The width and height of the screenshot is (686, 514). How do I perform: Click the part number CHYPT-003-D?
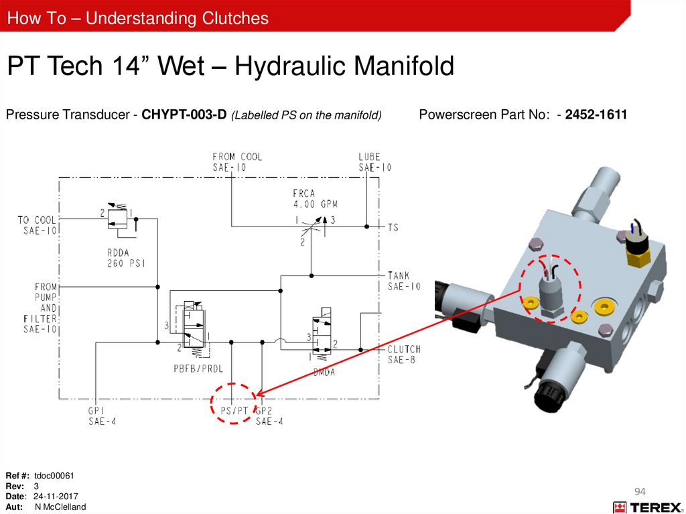coord(184,115)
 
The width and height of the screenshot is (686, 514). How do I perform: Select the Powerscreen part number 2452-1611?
coord(596,115)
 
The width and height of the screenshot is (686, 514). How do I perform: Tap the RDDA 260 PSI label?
coord(126,258)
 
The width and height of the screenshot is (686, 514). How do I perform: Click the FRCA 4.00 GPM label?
coord(315,199)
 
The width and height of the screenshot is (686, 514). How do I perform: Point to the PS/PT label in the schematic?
coord(234,411)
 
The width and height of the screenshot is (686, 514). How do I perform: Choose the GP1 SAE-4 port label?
coord(102,416)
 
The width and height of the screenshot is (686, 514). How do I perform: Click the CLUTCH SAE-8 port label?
coord(404,355)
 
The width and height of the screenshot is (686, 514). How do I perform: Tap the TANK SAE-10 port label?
coord(404,281)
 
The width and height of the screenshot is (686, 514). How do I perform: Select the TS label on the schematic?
coord(393,227)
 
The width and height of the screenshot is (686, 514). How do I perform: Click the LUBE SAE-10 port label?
coord(375,162)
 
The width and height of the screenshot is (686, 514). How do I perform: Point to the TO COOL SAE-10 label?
coord(38,225)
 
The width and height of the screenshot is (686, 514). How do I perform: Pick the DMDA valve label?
coord(324,372)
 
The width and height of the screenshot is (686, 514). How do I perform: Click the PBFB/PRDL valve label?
coord(198,369)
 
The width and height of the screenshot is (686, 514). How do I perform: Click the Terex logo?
coord(647,507)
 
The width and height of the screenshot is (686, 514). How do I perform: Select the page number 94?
coord(640,492)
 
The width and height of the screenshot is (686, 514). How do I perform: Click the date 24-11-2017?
coord(56,497)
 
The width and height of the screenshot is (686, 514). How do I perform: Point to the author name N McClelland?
coord(60,507)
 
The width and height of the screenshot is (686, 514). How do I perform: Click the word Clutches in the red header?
coord(235,18)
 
